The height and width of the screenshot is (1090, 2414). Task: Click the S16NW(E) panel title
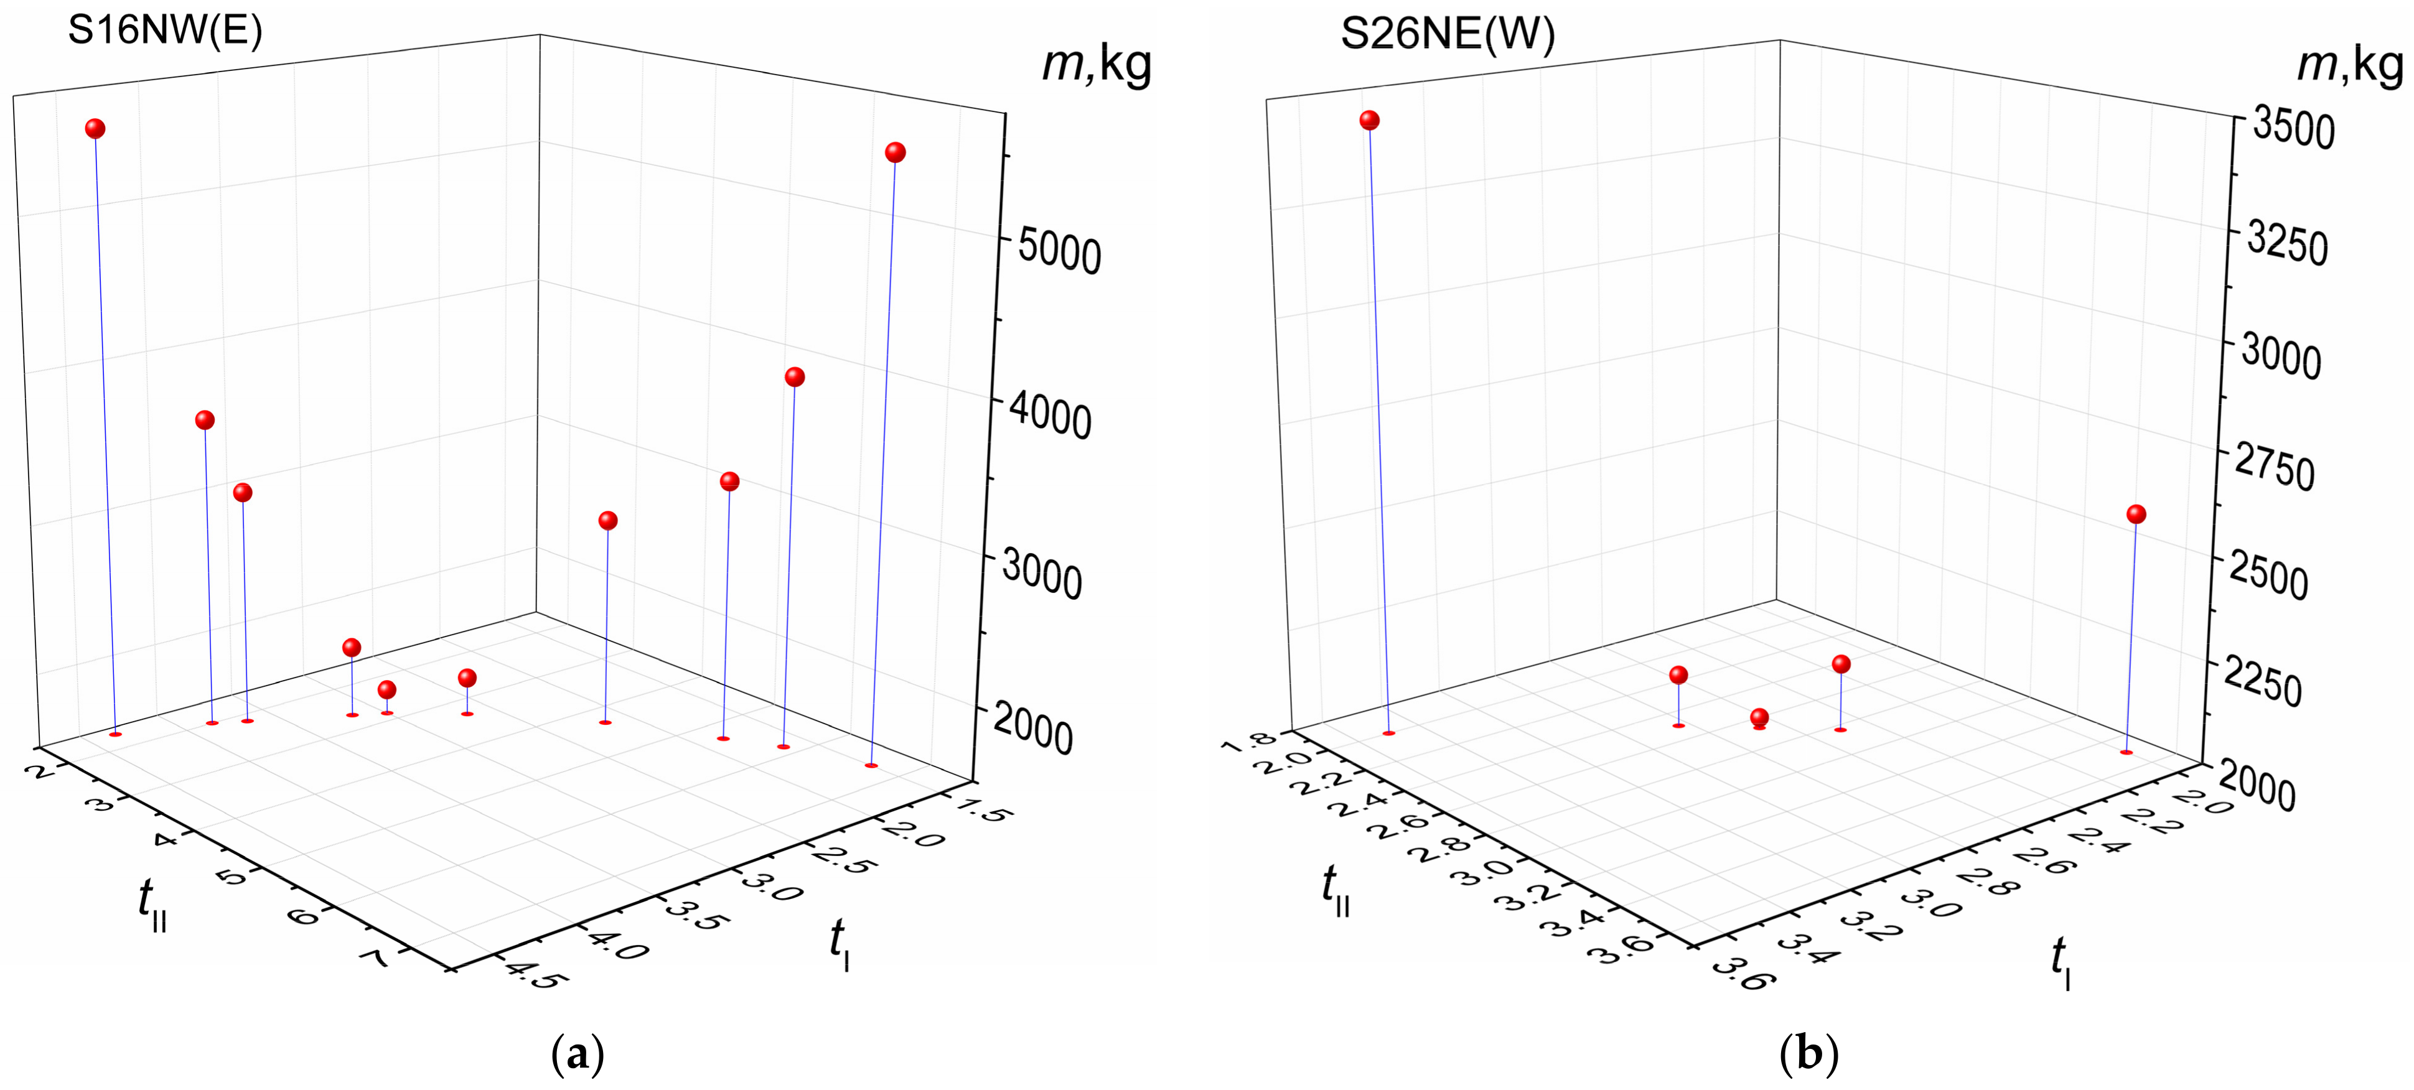pyautogui.click(x=165, y=31)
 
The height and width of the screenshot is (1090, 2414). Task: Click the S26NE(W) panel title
pyautogui.click(x=1447, y=35)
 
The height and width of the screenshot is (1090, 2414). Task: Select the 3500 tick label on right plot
pyautogui.click(x=2292, y=128)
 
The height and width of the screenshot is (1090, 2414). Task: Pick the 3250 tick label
pyautogui.click(x=2286, y=244)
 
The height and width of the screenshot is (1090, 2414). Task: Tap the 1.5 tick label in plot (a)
pyautogui.click(x=982, y=808)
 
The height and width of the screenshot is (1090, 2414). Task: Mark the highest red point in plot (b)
pyautogui.click(x=1369, y=120)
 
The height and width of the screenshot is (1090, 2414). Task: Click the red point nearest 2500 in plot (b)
pyautogui.click(x=2136, y=514)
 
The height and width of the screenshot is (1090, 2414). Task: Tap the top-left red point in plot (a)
pyautogui.click(x=95, y=128)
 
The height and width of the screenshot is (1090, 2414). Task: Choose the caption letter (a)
pyautogui.click(x=578, y=1055)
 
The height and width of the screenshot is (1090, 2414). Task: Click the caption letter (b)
pyautogui.click(x=1808, y=1055)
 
